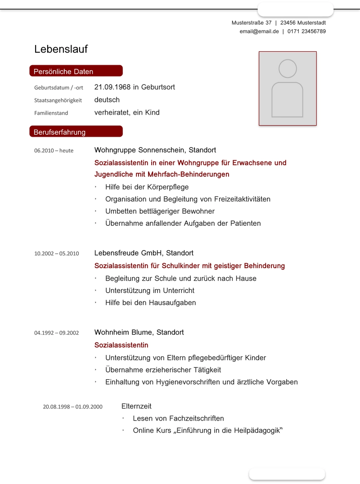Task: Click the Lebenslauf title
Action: click(61, 49)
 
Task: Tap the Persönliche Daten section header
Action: click(63, 72)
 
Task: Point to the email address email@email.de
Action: click(259, 31)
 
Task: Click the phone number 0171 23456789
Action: click(306, 31)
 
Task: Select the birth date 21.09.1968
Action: click(112, 87)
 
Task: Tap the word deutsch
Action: click(107, 100)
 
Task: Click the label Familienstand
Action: click(51, 113)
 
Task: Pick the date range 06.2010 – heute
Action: click(54, 151)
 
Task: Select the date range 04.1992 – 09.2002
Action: click(56, 333)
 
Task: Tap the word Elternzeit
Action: click(136, 406)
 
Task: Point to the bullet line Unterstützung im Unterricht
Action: click(150, 291)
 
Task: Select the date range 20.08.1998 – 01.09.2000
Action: click(72, 407)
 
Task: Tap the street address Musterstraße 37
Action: click(252, 22)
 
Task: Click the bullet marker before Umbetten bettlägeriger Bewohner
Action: click(96, 211)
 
